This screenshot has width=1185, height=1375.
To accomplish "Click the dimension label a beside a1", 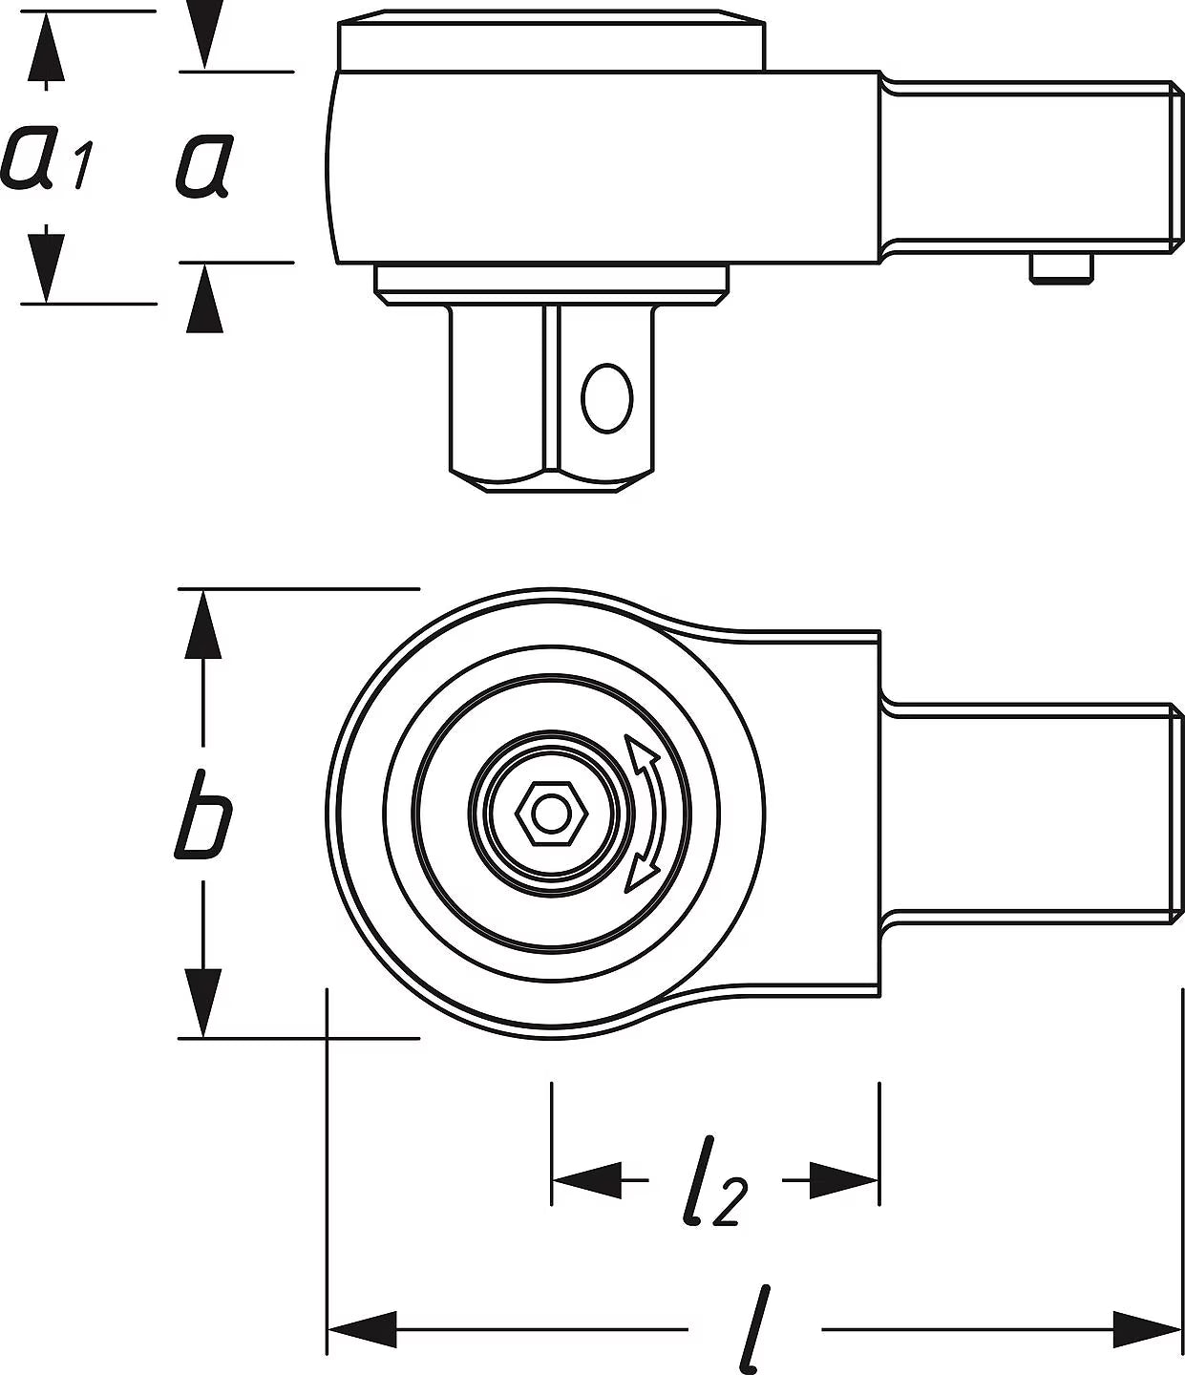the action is pyautogui.click(x=205, y=164).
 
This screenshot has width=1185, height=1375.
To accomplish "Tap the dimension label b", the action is pyautogui.click(x=203, y=814).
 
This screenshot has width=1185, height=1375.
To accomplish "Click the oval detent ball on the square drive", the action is pyautogui.click(x=606, y=398).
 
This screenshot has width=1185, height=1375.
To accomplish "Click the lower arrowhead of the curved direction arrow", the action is pyautogui.click(x=640, y=874).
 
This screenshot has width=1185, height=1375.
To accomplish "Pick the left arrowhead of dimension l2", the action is pyautogui.click(x=586, y=1180).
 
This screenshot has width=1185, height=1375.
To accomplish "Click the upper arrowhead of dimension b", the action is pyautogui.click(x=202, y=624).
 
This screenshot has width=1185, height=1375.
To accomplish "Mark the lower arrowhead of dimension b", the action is pyautogui.click(x=202, y=1002).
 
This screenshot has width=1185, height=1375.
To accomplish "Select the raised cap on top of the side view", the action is pyautogui.click(x=552, y=40).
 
